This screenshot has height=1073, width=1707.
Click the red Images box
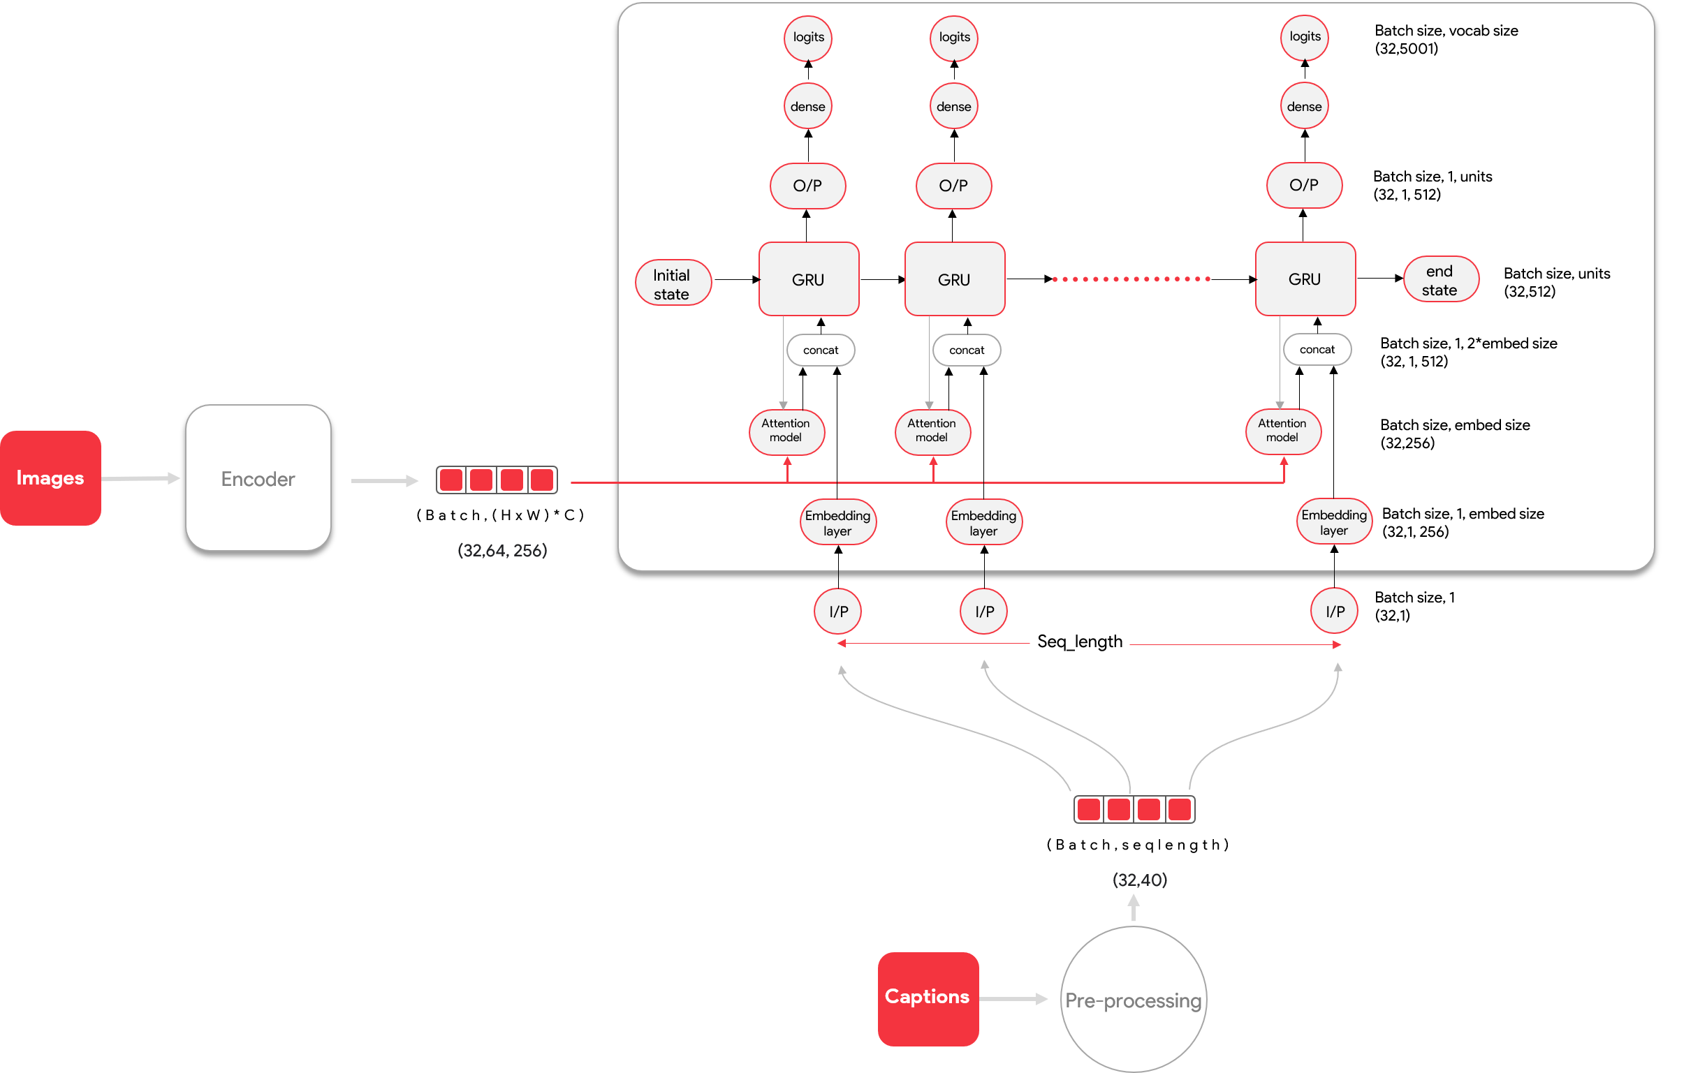pyautogui.click(x=50, y=478)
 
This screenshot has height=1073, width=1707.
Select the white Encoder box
pyautogui.click(x=258, y=478)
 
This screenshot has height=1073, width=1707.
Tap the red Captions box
pyautogui.click(x=928, y=998)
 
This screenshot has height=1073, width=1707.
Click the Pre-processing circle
pyautogui.click(x=1133, y=999)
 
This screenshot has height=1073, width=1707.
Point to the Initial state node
pyautogui.click(x=672, y=283)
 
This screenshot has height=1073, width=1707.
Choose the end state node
pyautogui.click(x=1439, y=280)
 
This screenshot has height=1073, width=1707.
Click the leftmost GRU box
pyautogui.click(x=808, y=279)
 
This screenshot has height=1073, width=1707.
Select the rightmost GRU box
pyautogui.click(x=1305, y=279)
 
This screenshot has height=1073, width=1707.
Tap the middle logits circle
pyautogui.click(x=954, y=37)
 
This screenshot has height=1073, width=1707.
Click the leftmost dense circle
pyautogui.click(x=807, y=106)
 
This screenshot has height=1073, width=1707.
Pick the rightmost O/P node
pyautogui.click(x=1303, y=185)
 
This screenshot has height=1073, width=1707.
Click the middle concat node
pyautogui.click(x=966, y=350)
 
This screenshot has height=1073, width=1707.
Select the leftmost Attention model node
pyautogui.click(x=786, y=430)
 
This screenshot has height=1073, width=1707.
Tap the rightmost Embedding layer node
pyautogui.click(x=1333, y=522)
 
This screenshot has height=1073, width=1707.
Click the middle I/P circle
pyautogui.click(x=984, y=611)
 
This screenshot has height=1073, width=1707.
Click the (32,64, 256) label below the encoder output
pyautogui.click(x=502, y=550)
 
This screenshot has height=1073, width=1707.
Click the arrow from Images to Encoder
pyautogui.click(x=142, y=479)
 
